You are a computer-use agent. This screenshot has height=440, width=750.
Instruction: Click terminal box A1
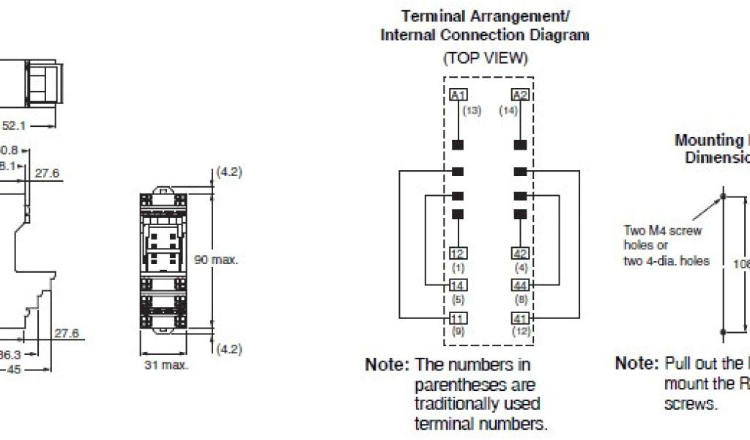pyautogui.click(x=458, y=95)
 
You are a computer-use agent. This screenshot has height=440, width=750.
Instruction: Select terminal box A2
pyautogui.click(x=520, y=95)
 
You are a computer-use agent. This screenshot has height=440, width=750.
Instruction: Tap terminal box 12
pyautogui.click(x=458, y=253)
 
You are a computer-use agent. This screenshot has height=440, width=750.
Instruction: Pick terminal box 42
pyautogui.click(x=520, y=253)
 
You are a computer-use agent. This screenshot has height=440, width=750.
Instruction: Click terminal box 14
pyautogui.click(x=458, y=285)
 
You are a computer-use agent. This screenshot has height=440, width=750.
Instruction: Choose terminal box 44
pyautogui.click(x=520, y=285)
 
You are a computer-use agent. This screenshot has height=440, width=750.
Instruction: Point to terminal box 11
pyautogui.click(x=458, y=318)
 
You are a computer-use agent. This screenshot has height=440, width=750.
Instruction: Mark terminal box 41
pyautogui.click(x=520, y=318)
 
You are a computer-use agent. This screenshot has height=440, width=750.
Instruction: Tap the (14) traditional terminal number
pyautogui.click(x=508, y=110)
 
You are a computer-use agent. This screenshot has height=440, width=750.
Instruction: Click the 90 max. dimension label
pyautogui.click(x=216, y=260)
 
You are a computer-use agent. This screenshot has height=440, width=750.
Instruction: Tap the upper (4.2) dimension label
pyautogui.click(x=229, y=172)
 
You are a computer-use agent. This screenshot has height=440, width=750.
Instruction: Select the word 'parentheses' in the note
pyautogui.click(x=454, y=384)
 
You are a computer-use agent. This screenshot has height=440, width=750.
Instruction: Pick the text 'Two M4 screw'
pyautogui.click(x=663, y=230)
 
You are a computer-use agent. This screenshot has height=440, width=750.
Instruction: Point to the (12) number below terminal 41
pyautogui.click(x=520, y=331)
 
